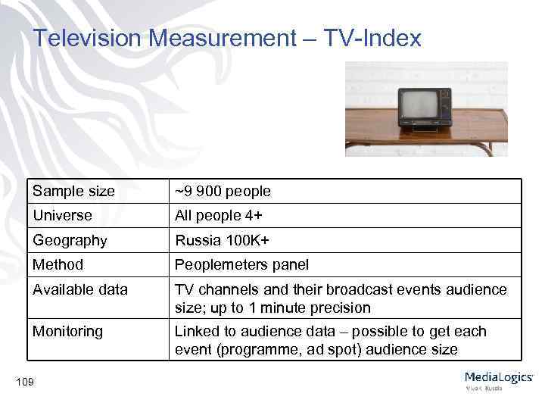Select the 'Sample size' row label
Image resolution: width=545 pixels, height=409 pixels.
click(x=73, y=192)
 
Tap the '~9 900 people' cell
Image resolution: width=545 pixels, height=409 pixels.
click(x=223, y=192)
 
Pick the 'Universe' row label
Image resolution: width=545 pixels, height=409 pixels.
click(x=62, y=216)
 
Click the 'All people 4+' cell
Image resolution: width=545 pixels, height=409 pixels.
click(x=219, y=216)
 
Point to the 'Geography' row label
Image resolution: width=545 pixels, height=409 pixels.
click(x=70, y=241)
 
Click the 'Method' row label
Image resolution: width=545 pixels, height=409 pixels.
click(x=58, y=265)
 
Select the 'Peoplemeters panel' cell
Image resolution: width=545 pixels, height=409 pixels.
click(x=241, y=265)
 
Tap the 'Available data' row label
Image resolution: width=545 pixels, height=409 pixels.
click(x=79, y=290)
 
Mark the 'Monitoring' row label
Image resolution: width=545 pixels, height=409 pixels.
click(x=67, y=332)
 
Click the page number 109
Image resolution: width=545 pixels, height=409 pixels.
click(x=24, y=382)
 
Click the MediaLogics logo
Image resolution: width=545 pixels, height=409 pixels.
click(x=498, y=379)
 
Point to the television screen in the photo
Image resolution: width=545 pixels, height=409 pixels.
click(x=419, y=105)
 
